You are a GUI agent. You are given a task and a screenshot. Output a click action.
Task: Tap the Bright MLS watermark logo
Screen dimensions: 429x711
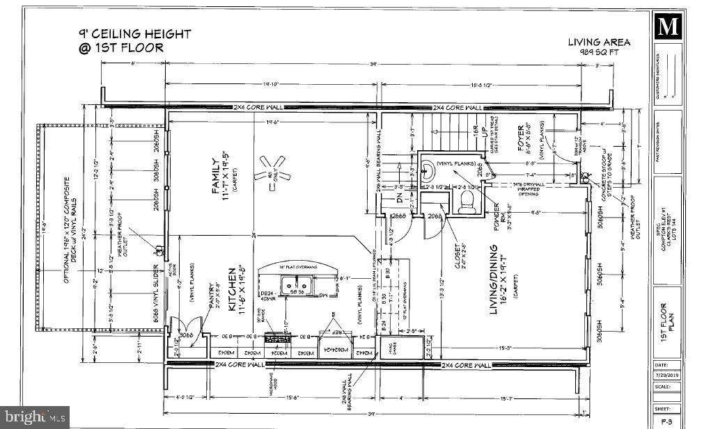pyautogui.click(x=35, y=417)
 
